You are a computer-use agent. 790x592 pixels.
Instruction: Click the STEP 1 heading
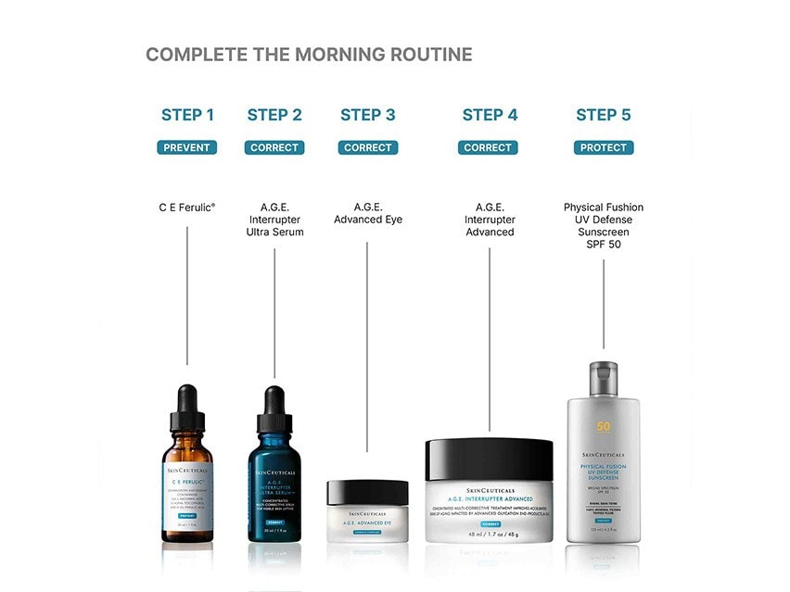pyautogui.click(x=187, y=115)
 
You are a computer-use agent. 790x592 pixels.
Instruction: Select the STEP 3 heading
pyautogui.click(x=367, y=115)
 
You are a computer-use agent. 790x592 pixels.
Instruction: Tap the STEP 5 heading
pyautogui.click(x=603, y=115)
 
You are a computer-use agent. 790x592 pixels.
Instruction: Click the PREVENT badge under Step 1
pyautogui.click(x=187, y=147)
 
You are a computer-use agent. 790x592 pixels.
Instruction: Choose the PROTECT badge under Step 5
pyautogui.click(x=604, y=147)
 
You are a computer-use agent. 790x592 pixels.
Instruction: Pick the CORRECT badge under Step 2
pyautogui.click(x=274, y=147)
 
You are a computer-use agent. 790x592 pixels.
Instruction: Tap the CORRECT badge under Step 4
pyautogui.click(x=488, y=147)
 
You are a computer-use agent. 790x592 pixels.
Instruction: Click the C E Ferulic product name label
pyautogui.click(x=187, y=208)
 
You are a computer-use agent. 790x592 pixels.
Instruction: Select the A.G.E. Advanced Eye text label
pyautogui.click(x=368, y=213)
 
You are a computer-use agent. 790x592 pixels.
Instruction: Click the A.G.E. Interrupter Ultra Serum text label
pyautogui.click(x=274, y=220)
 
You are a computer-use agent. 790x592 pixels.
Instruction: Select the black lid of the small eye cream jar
pyautogui.click(x=367, y=491)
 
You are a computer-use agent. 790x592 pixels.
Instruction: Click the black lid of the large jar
pyautogui.click(x=489, y=459)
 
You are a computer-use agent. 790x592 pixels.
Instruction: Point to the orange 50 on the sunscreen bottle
pyautogui.click(x=604, y=427)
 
